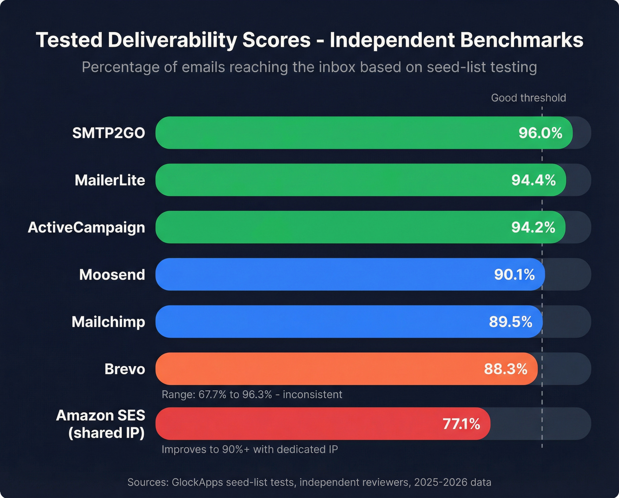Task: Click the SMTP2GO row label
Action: [x=108, y=133]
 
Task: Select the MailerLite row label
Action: [x=110, y=180]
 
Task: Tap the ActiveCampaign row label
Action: [x=86, y=228]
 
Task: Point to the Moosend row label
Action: [x=112, y=275]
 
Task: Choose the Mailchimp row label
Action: [x=108, y=322]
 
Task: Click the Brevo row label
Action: [x=125, y=369]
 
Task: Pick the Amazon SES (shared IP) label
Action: [x=101, y=424]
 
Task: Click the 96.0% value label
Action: [x=540, y=133]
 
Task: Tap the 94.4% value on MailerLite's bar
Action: [x=533, y=180]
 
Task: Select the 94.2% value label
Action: [x=533, y=228]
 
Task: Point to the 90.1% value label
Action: [x=514, y=275]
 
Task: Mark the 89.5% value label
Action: [x=510, y=322]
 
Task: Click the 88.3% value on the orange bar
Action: [x=505, y=369]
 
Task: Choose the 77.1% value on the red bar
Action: [x=461, y=424]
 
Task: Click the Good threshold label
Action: [x=528, y=98]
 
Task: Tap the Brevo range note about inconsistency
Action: [x=252, y=395]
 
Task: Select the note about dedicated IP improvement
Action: [x=250, y=449]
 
